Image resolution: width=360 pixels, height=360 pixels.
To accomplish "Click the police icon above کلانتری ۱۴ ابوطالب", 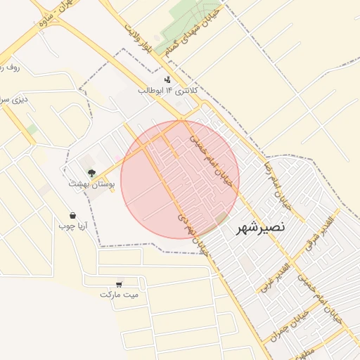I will coord(167,79).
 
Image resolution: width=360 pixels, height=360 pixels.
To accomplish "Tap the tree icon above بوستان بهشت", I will coord(91,172).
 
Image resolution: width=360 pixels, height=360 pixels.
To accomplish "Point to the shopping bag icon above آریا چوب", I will coord(72,215).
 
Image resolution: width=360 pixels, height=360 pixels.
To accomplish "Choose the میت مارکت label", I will coord(120,293).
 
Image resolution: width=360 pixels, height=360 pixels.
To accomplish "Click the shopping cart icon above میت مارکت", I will coord(120,283).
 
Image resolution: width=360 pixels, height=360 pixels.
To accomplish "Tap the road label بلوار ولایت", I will coord(137,39).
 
